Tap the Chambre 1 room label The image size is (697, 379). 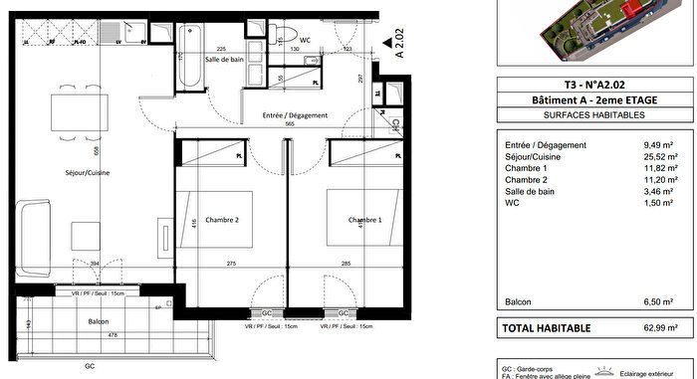365,220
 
